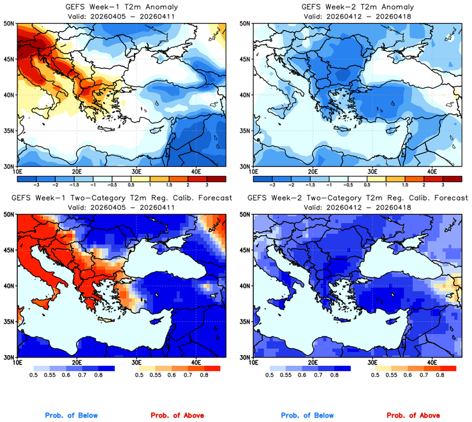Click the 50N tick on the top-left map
tap(10, 23)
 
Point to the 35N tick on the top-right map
tap(246, 131)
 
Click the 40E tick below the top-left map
tap(196, 171)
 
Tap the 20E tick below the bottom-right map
tap(313, 362)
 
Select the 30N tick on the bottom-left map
tap(10, 357)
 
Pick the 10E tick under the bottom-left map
tap(17, 362)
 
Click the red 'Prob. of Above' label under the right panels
tap(415, 415)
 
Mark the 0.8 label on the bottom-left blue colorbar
tap(98, 376)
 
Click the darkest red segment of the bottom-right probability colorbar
tap(448, 368)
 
